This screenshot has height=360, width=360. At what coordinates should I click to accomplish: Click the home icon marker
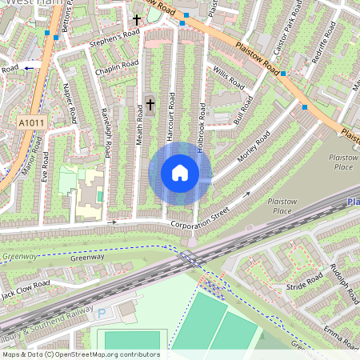[180, 173]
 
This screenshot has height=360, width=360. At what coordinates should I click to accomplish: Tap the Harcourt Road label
[171, 126]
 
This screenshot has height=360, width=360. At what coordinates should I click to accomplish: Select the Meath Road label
[139, 127]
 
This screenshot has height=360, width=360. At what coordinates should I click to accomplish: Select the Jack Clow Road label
[26, 286]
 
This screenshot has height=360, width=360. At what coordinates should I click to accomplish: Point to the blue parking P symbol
[102, 314]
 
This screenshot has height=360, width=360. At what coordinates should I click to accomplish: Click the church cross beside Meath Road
[150, 103]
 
